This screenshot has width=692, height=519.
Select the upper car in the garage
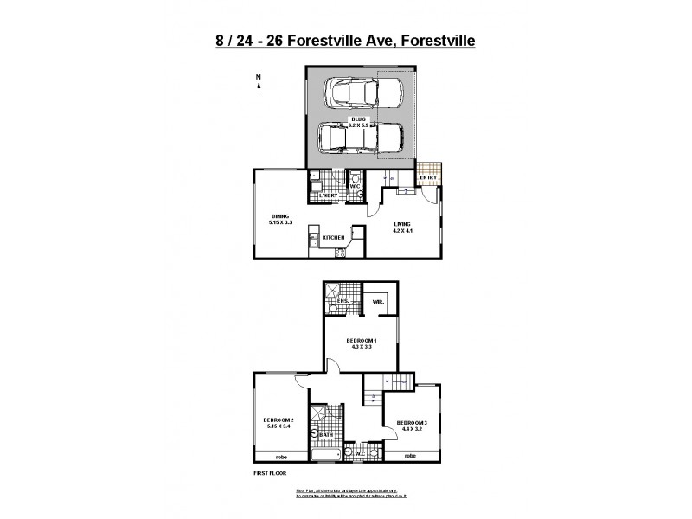click(362, 93)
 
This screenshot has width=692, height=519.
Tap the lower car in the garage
click(361, 138)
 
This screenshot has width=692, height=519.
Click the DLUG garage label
click(359, 119)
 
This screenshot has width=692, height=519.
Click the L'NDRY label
click(328, 195)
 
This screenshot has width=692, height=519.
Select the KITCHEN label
click(334, 237)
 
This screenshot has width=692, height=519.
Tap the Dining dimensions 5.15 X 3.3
click(281, 222)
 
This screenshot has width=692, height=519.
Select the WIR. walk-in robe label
click(377, 302)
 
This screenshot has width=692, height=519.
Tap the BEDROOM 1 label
click(362, 340)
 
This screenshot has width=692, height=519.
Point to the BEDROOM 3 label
click(412, 422)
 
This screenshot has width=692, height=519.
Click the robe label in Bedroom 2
click(281, 456)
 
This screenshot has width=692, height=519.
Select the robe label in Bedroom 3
click(411, 455)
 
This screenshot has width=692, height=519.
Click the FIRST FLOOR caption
click(269, 474)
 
